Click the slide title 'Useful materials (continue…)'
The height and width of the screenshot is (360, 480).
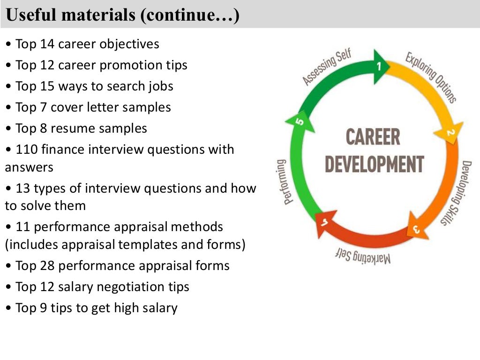(x=123, y=15)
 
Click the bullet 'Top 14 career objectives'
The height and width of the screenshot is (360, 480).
(x=87, y=44)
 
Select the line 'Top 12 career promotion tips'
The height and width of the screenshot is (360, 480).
(x=101, y=65)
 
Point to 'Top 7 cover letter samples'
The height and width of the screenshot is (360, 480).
(x=93, y=107)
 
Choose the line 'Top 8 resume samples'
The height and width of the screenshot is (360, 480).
(x=81, y=128)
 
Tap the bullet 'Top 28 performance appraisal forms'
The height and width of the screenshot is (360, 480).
(x=122, y=266)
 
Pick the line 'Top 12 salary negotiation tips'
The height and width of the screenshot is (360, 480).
(x=102, y=287)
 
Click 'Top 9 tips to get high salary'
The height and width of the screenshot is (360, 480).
(x=97, y=308)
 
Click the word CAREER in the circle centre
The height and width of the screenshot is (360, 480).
(x=373, y=137)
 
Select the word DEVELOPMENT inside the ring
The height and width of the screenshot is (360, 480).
(x=374, y=165)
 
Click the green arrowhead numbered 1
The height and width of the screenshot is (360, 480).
(x=380, y=67)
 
